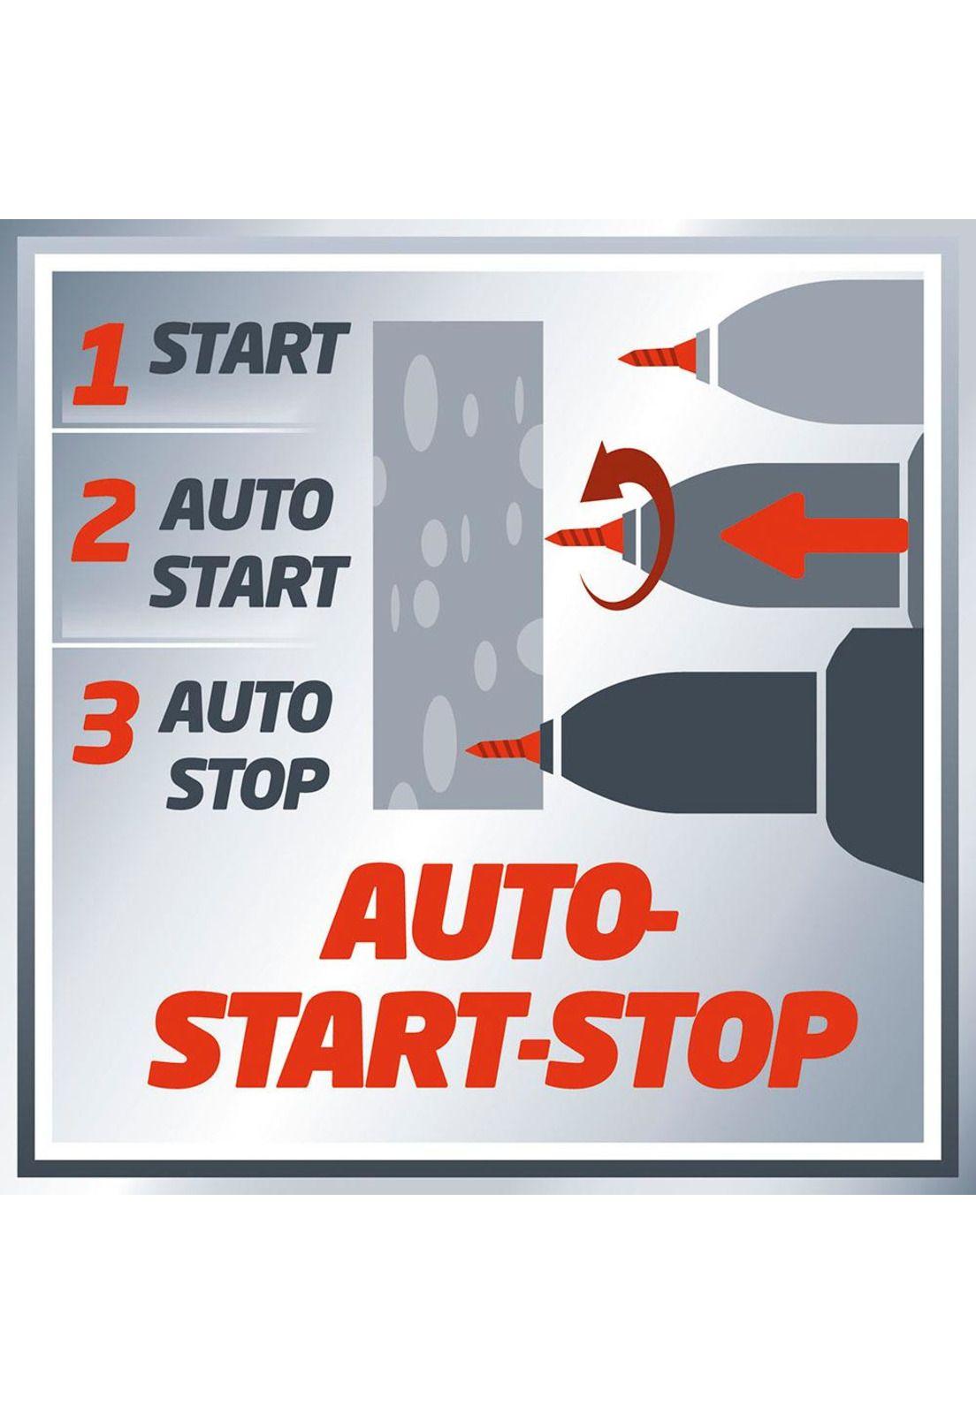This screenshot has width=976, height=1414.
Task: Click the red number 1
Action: [x=103, y=365]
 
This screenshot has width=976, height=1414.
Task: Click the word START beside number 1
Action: [x=248, y=348]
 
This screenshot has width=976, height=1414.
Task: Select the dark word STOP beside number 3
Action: [x=248, y=784]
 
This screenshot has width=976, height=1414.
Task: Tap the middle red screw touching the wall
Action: [x=585, y=529]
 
